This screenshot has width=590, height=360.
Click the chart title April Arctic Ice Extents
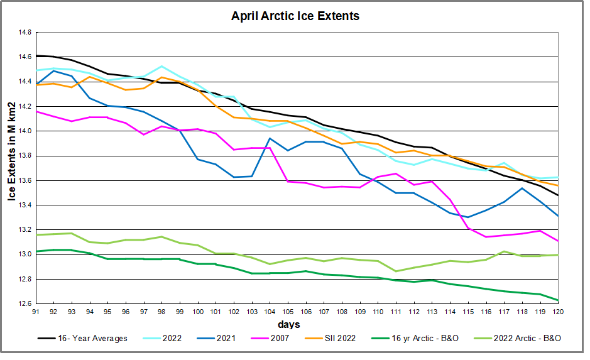(295, 16)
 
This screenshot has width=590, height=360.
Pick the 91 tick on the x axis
(35, 312)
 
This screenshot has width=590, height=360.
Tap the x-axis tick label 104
(270, 312)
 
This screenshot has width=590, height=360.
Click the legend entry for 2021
(224, 339)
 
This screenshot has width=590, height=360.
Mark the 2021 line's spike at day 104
(270, 138)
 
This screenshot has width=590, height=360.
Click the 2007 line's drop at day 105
(288, 181)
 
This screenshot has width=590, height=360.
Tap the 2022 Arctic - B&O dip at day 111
(396, 271)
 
